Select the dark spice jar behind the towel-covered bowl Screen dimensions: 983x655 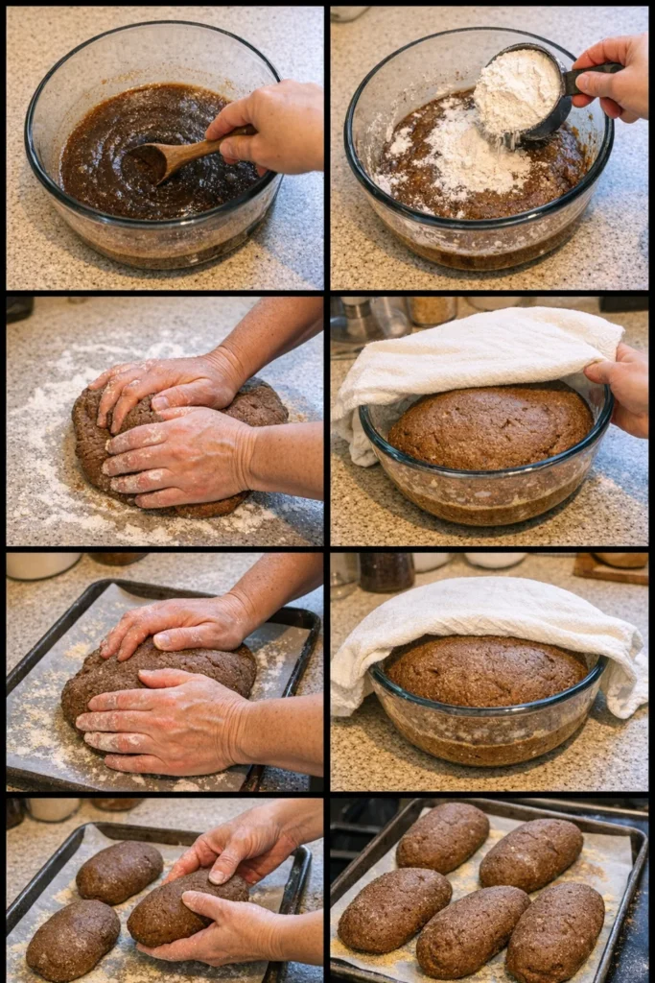(x=386, y=571)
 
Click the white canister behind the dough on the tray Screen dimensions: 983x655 (x=42, y=565)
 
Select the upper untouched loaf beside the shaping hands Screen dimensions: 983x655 (x=119, y=871)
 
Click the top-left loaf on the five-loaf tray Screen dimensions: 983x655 (x=442, y=837)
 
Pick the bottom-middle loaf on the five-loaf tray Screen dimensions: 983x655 (x=472, y=929)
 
